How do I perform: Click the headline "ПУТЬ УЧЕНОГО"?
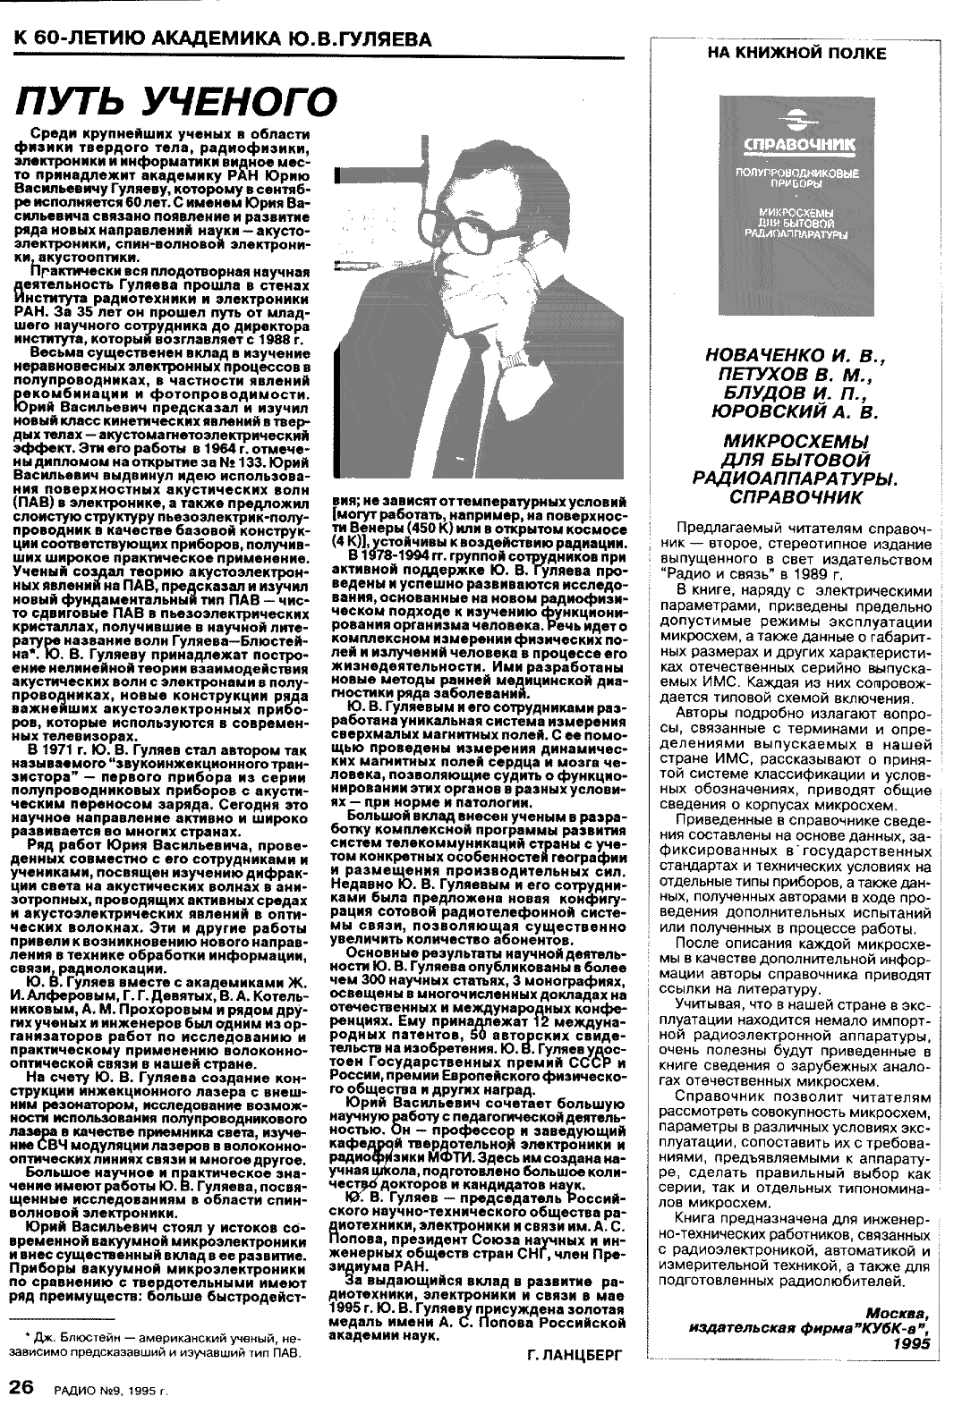pos(176,102)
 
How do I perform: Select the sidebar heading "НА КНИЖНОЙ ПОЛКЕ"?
pos(796,54)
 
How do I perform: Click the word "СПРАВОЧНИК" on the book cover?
pos(796,144)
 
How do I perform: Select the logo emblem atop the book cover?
pos(796,120)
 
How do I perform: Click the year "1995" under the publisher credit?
pos(910,1342)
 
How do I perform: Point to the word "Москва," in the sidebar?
pos(898,1312)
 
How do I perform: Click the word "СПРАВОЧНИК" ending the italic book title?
pos(796,495)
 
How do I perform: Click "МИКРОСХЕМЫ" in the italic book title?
pos(796,443)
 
